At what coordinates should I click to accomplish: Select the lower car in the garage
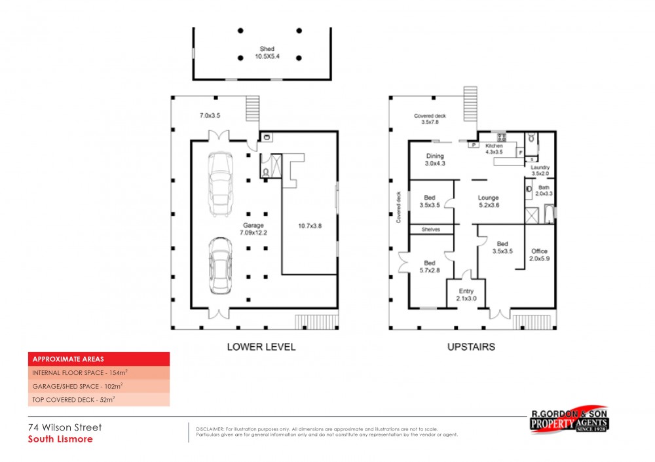click(221, 266)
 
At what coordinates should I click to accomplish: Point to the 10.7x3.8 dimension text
click(309, 226)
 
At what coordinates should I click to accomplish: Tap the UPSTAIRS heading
click(470, 347)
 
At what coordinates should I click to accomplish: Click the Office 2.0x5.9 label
click(540, 255)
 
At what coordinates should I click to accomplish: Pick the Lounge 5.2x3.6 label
click(488, 202)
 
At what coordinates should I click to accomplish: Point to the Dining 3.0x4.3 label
click(435, 160)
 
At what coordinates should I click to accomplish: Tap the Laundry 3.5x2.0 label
click(540, 171)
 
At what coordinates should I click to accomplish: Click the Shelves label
click(431, 230)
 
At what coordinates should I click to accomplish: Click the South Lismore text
click(60, 439)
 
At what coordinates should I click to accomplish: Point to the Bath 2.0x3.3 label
click(544, 190)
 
